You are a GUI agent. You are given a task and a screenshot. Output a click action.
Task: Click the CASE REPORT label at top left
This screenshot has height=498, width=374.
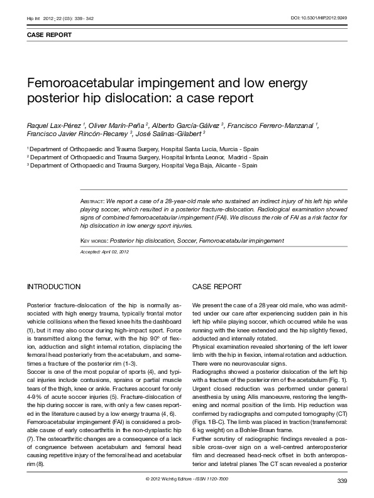pyautogui.click(x=48, y=35)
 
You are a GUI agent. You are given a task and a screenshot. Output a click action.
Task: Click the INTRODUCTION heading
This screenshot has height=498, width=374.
pyautogui.click(x=53, y=287)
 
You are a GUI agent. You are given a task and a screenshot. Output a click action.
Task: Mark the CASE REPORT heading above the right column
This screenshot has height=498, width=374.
pyautogui.click(x=217, y=287)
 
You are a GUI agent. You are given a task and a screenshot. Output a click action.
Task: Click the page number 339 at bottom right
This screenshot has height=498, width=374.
pyautogui.click(x=342, y=481)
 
